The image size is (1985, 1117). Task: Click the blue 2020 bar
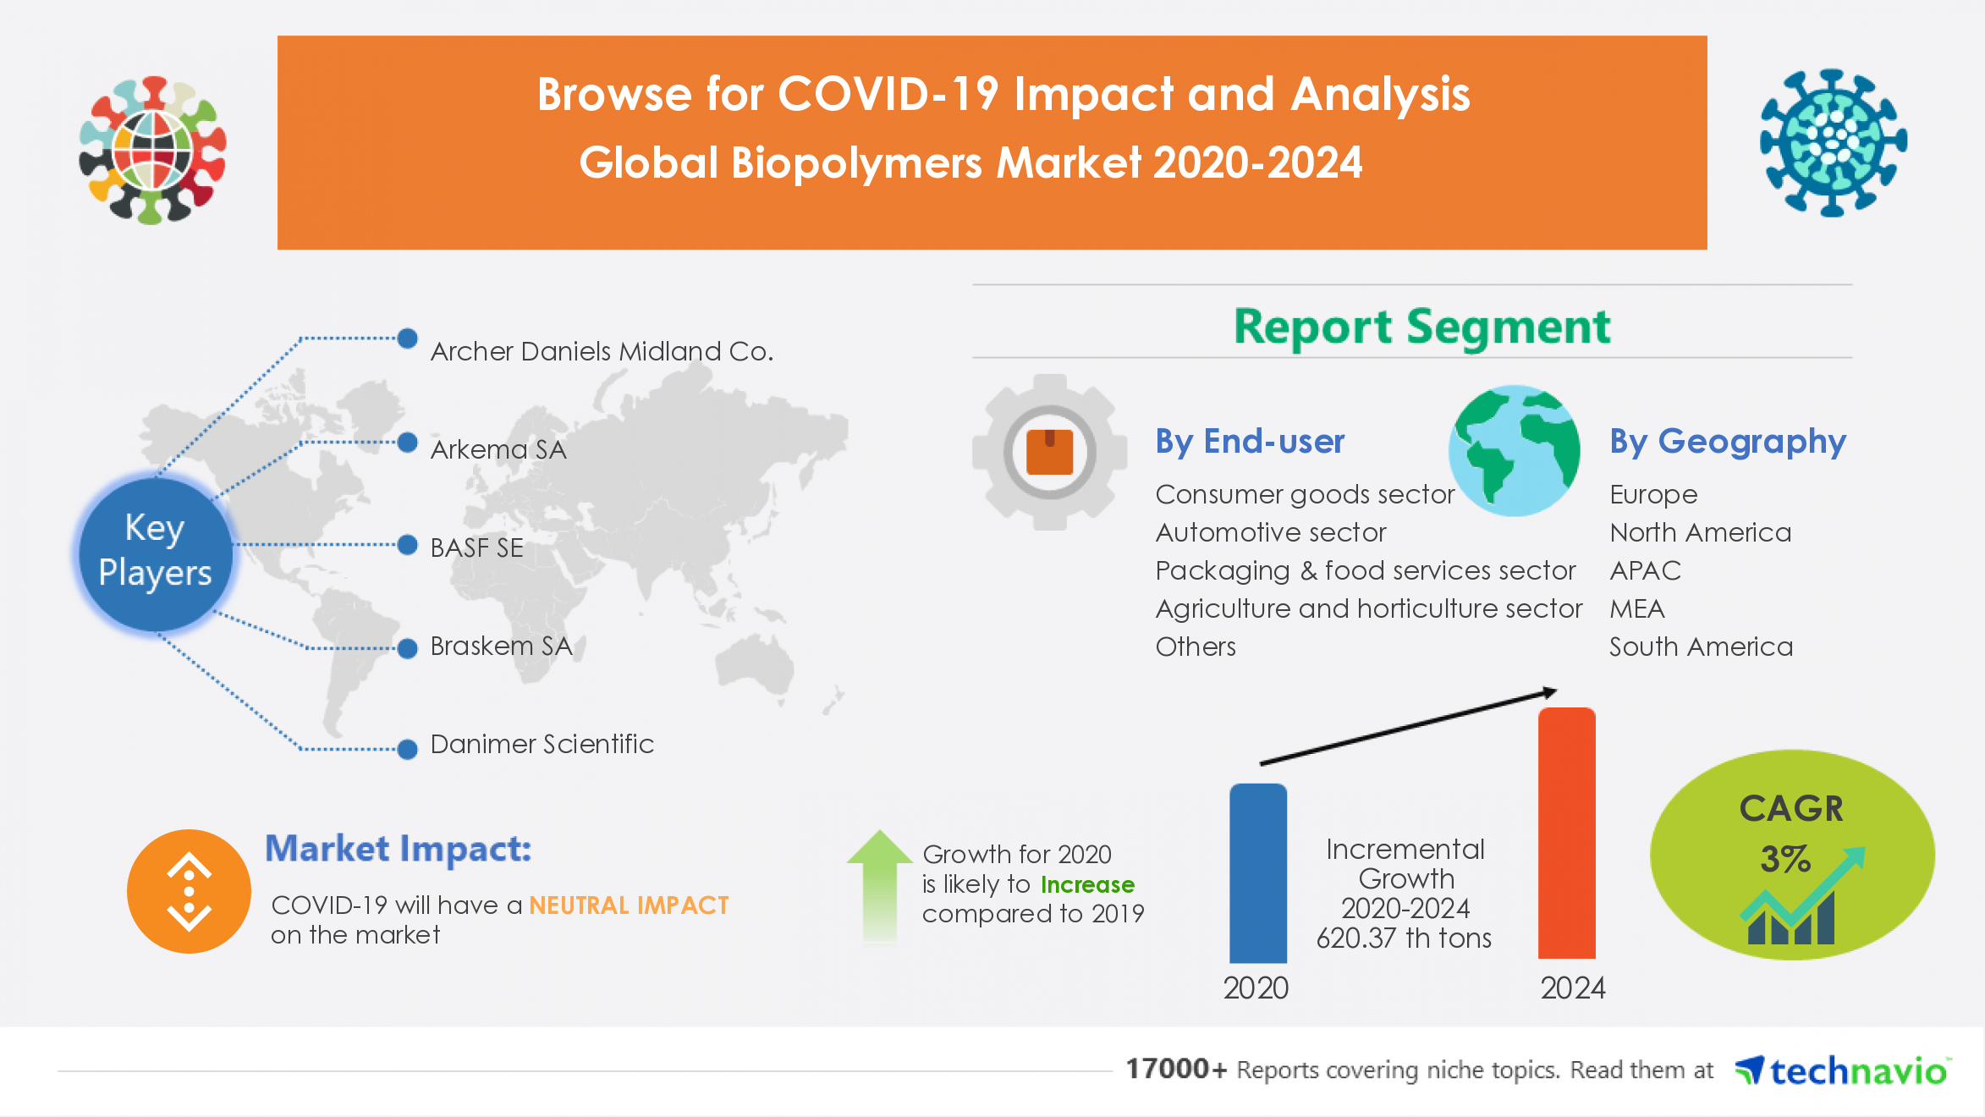coord(1258,873)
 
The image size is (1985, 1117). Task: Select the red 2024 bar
coord(1566,834)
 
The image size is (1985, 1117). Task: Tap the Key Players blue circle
coord(155,551)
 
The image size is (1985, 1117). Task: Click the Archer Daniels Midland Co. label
coord(602,351)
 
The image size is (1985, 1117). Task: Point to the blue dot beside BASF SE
coord(408,545)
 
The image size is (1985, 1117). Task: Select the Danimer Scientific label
coord(542,744)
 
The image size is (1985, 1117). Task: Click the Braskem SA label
coord(501,647)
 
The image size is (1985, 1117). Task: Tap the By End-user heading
coord(1250,442)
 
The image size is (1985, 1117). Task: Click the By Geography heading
coord(1727,442)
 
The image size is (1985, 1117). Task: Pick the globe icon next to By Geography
coord(1514,450)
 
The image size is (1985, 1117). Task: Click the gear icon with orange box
coord(1049,452)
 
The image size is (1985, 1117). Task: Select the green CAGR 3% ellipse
coord(1791,855)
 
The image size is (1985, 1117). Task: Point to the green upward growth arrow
coord(880,884)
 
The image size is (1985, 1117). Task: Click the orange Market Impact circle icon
coord(189,891)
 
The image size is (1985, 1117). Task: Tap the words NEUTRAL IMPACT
coord(629,905)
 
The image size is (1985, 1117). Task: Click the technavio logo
coord(1843,1071)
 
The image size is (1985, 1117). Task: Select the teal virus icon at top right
coord(1833,142)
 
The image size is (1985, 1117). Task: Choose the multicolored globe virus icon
coord(152,150)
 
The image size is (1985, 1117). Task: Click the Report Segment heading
coord(1421,327)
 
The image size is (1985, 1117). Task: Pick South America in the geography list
coord(1701,647)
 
